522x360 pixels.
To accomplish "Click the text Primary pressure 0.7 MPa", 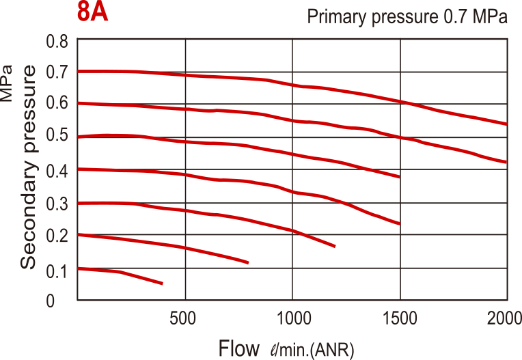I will click(407, 17).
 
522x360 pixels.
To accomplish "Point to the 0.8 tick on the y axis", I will click(57, 41).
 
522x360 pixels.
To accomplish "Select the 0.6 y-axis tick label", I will click(57, 104).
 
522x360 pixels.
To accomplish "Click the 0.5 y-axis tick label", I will click(57, 136).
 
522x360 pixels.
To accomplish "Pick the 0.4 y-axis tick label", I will click(57, 171).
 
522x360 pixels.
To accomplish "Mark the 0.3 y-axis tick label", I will click(57, 204).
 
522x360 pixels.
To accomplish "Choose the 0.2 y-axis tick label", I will click(57, 236).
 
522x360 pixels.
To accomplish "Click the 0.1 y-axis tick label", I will click(57, 271).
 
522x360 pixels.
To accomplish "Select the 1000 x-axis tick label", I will click(292, 318).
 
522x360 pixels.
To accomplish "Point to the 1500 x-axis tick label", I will click(400, 318).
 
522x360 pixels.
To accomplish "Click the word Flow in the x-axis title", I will click(239, 348).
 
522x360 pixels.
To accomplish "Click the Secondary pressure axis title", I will click(28, 167).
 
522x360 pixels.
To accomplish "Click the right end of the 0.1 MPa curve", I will click(163, 283).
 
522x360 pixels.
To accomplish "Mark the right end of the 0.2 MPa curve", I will click(248, 262).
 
